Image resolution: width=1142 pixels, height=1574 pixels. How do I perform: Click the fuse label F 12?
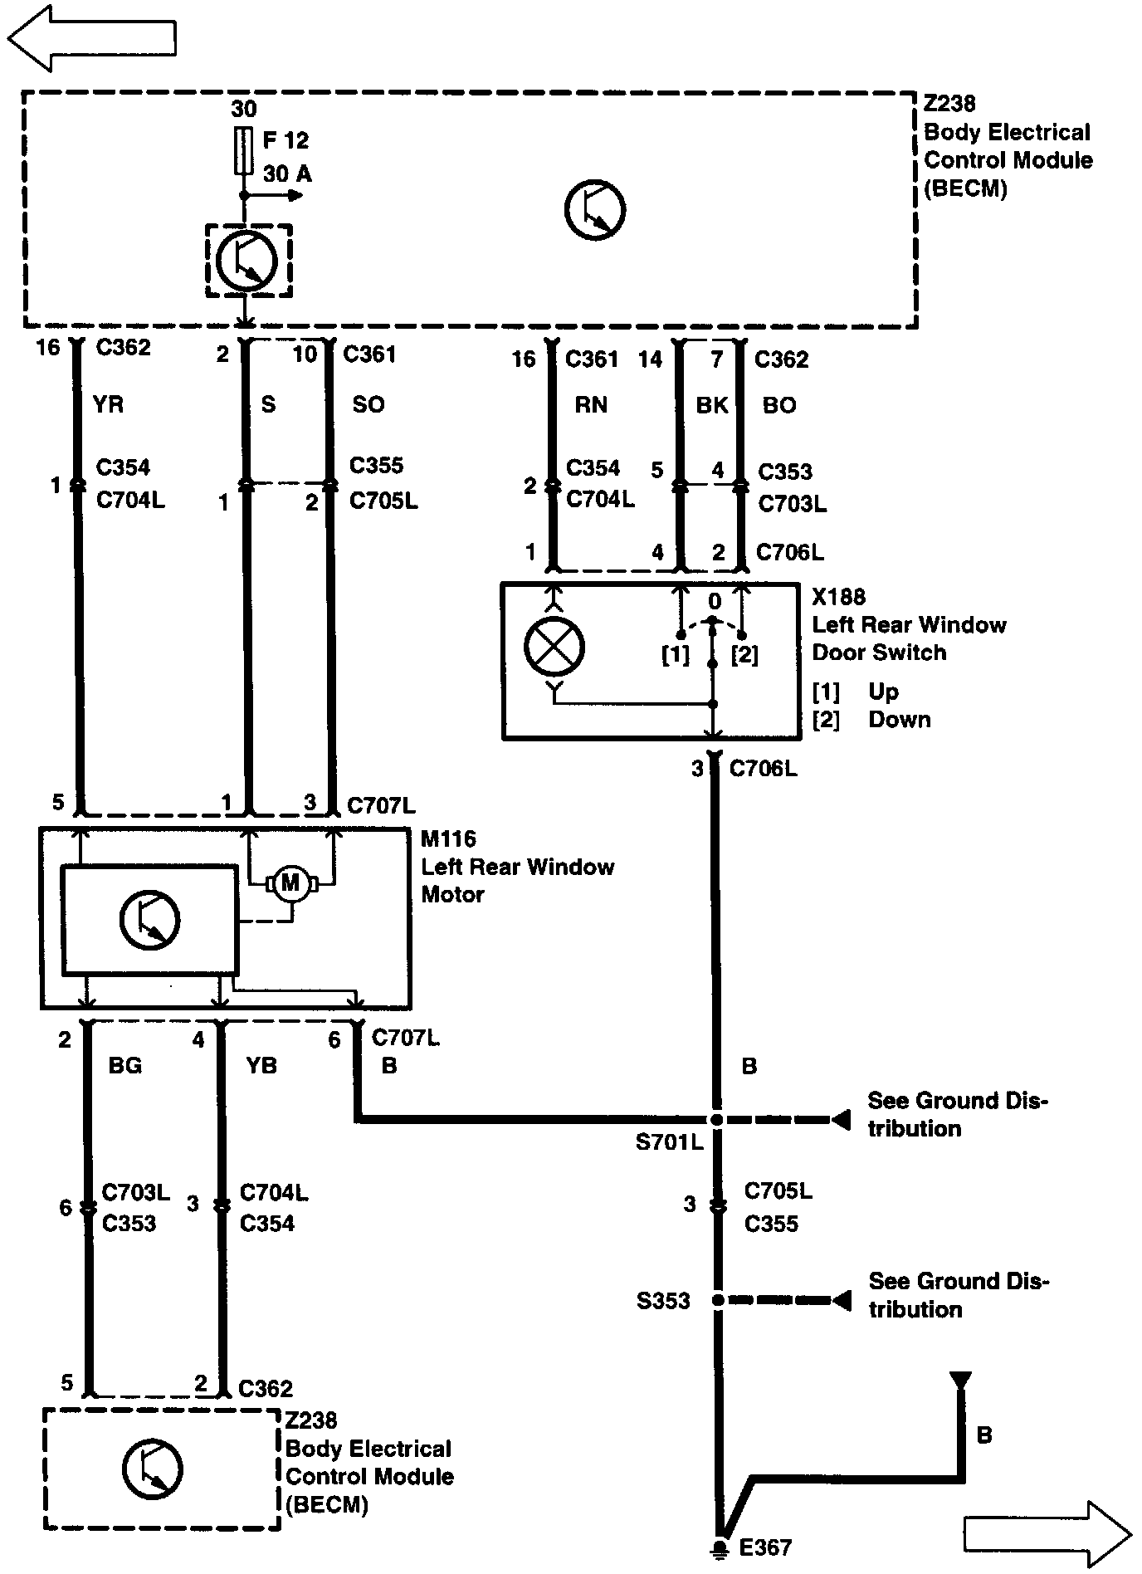pyautogui.click(x=285, y=140)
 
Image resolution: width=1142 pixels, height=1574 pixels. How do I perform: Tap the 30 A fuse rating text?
pyautogui.click(x=287, y=174)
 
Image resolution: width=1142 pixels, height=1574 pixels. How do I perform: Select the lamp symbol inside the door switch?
pyautogui.click(x=554, y=647)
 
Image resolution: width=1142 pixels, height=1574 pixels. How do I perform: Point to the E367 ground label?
pyautogui.click(x=765, y=1547)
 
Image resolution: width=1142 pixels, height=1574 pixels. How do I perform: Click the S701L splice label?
pyautogui.click(x=669, y=1142)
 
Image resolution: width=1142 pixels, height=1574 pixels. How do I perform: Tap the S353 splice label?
pyautogui.click(x=663, y=1301)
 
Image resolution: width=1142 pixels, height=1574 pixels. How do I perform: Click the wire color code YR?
pyautogui.click(x=109, y=404)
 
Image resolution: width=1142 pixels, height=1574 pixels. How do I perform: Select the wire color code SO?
pyautogui.click(x=368, y=404)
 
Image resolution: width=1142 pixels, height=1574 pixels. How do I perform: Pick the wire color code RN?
pyautogui.click(x=591, y=405)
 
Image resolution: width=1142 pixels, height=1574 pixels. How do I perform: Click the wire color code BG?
pyautogui.click(x=125, y=1065)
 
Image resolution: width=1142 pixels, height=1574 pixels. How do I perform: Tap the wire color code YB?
pyautogui.click(x=261, y=1065)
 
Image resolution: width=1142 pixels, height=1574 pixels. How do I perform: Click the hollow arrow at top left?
pyautogui.click(x=91, y=38)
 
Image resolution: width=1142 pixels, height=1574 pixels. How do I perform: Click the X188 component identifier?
pyautogui.click(x=838, y=597)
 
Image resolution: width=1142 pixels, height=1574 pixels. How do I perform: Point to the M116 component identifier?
pyautogui.click(x=448, y=839)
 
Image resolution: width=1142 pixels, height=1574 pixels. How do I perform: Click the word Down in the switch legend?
pyautogui.click(x=900, y=719)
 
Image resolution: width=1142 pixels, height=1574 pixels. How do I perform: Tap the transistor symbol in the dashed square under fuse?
pyautogui.click(x=246, y=259)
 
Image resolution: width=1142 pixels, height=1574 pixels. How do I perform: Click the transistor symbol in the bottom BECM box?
pyautogui.click(x=152, y=1468)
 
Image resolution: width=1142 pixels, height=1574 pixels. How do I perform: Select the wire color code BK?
pyautogui.click(x=711, y=405)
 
